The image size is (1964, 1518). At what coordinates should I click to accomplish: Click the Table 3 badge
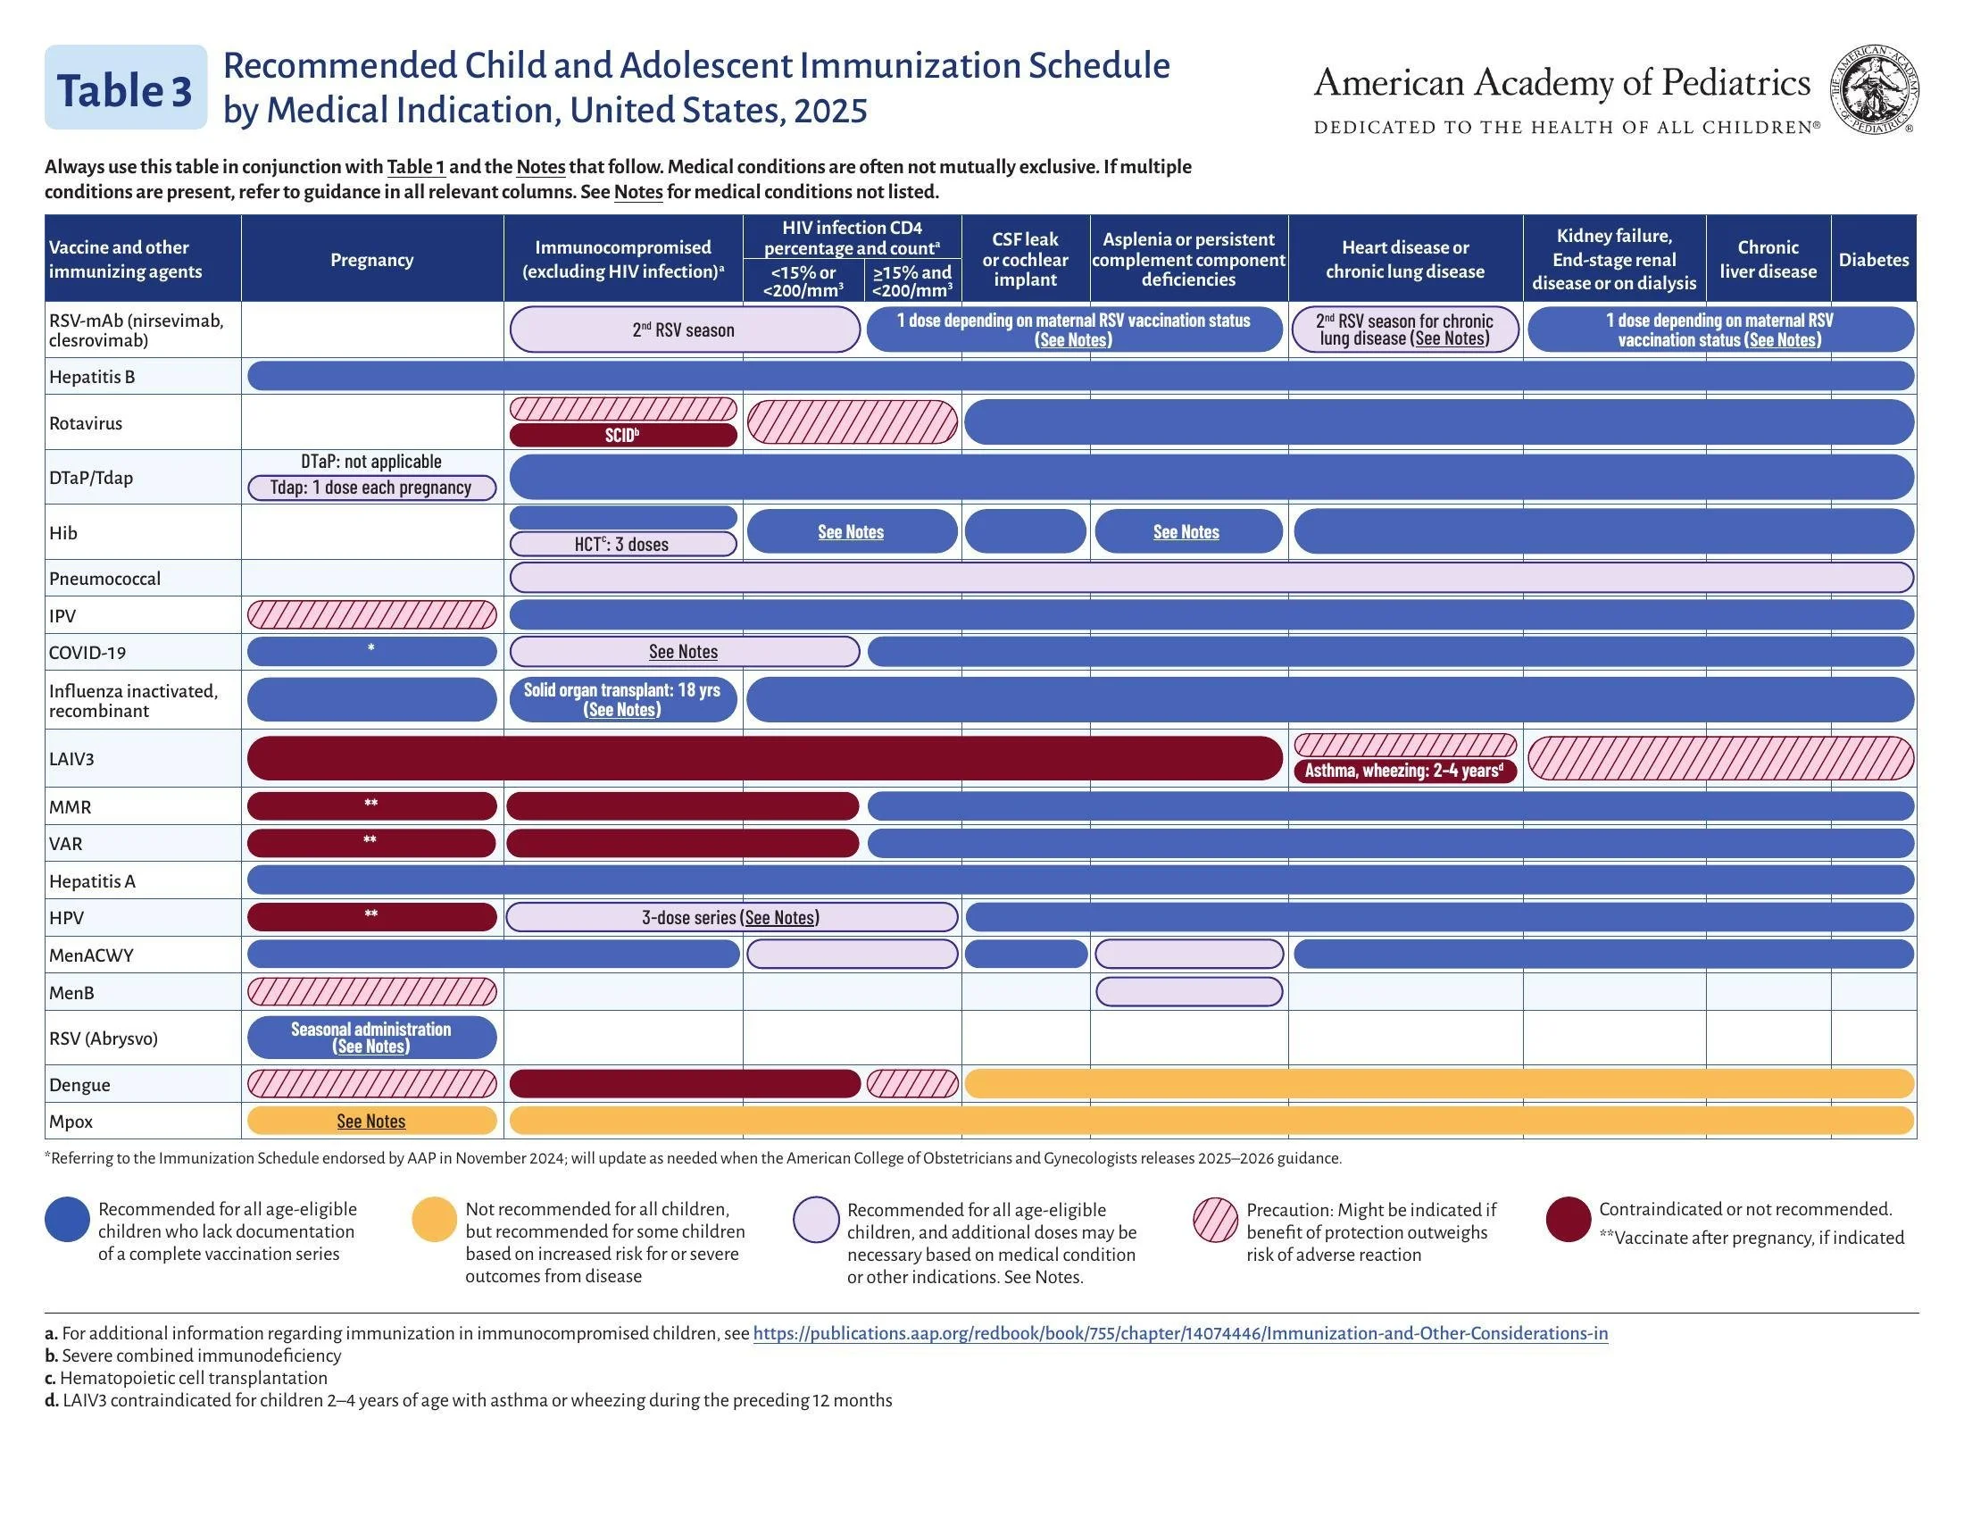coord(125,88)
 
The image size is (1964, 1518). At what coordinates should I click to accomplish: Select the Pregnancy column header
coord(371,259)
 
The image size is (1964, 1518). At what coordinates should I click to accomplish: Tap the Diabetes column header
coord(1873,259)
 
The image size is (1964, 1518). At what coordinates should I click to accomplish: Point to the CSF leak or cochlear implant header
coord(1025,259)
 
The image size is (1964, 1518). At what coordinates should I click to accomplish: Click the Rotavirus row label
coord(86,422)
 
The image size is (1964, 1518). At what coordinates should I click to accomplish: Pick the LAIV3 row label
coord(72,758)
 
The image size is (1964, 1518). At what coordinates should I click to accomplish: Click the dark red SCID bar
coord(622,436)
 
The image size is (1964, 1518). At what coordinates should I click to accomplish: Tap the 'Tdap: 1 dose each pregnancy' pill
coord(371,488)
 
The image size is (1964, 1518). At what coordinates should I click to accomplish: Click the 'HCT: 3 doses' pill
coord(622,544)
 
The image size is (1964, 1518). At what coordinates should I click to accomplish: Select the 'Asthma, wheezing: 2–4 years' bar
coord(1403,771)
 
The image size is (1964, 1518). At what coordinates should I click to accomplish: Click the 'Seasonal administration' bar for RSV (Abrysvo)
coord(371,1037)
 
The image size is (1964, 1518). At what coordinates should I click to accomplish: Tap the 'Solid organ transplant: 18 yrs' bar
coord(622,700)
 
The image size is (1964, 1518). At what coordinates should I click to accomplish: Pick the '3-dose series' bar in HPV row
coord(731,917)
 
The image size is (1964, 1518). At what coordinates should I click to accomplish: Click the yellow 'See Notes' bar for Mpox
coord(371,1122)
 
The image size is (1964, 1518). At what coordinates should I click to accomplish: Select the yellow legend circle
coord(434,1220)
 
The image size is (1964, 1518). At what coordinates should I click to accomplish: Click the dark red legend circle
coord(1568,1220)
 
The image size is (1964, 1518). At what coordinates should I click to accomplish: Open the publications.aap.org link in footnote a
coord(1180,1333)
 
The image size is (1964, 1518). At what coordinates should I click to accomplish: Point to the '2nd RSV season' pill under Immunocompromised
coord(684,329)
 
